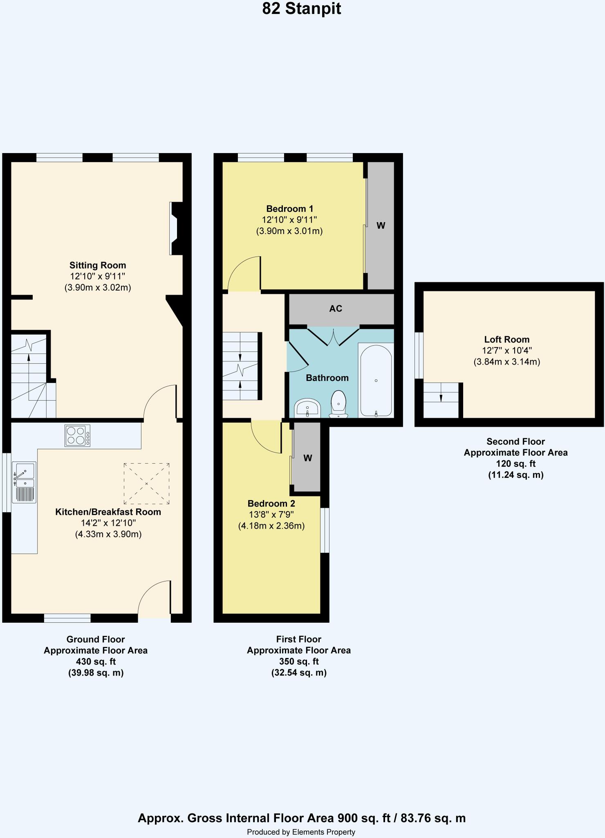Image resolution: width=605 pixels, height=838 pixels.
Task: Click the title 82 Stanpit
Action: [x=301, y=9]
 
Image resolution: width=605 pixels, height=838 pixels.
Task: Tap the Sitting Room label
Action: [x=98, y=265]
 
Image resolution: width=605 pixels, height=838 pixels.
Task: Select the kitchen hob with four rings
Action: [x=77, y=435]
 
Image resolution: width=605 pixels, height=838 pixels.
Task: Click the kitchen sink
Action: [x=25, y=482]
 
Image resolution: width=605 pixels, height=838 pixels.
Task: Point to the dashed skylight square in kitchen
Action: [x=147, y=484]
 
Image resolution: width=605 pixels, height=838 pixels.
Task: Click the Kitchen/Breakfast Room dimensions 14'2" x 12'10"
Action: [x=108, y=523]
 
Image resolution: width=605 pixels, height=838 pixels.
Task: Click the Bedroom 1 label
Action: [x=289, y=209]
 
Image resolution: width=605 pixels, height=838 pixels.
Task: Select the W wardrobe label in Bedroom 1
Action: [x=381, y=225]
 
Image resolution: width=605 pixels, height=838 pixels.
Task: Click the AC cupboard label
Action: [x=336, y=309]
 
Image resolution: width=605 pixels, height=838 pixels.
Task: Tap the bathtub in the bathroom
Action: [x=376, y=380]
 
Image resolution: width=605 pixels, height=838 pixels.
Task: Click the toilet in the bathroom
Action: [x=338, y=403]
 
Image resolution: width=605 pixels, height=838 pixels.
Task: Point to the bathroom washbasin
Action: [x=307, y=408]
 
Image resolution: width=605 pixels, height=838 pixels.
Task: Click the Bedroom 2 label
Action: [x=271, y=503]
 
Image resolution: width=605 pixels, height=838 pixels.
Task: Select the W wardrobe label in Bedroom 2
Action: [x=308, y=458]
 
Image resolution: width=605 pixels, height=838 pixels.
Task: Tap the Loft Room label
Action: [x=506, y=339]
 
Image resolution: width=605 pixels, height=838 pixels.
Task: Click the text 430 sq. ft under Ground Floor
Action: [x=96, y=661]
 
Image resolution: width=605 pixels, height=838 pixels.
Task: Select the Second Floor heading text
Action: [x=515, y=442]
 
